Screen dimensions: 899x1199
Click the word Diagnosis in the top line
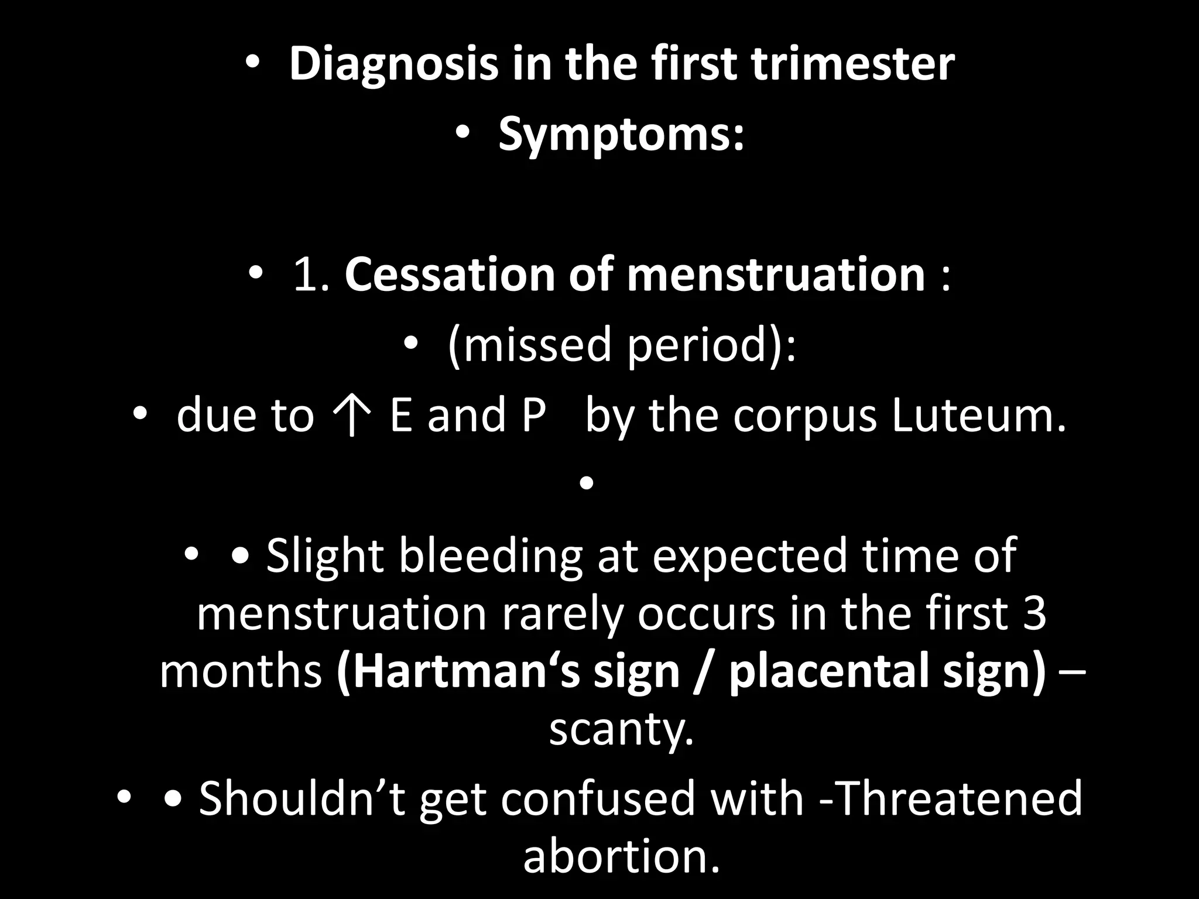coord(393,64)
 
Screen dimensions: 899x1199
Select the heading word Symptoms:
coord(621,135)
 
